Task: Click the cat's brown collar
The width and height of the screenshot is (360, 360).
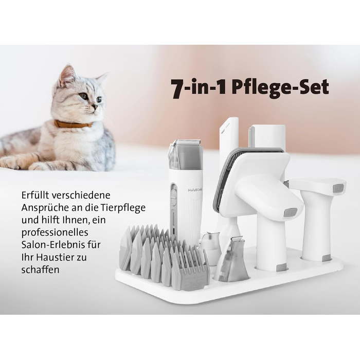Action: (73, 124)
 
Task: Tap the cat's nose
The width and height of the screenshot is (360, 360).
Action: (95, 106)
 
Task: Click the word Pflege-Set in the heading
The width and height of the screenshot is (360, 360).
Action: (280, 88)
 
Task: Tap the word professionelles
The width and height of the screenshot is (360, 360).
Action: (55, 232)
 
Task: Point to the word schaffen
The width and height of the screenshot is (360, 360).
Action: (41, 269)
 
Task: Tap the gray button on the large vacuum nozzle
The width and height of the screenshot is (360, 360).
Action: (291, 212)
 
